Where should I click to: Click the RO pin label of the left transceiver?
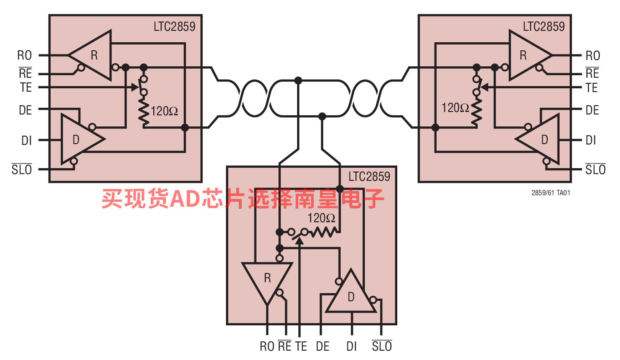point(25,55)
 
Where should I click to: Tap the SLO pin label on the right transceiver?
point(595,169)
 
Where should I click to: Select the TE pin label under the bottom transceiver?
point(301,346)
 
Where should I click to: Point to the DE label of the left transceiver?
point(25,110)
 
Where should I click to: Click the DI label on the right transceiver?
point(590,140)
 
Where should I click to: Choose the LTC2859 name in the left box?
point(175,27)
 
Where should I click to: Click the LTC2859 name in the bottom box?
point(369,177)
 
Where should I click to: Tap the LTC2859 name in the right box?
point(544,27)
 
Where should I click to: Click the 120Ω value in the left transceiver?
point(164,111)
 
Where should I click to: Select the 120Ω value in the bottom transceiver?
point(321,218)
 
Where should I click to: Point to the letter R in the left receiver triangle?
point(94,55)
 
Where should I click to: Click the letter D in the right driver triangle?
point(544,140)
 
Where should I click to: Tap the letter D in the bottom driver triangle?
point(351,297)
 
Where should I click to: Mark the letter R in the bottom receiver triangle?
point(268,278)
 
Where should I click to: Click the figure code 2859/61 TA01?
point(551,193)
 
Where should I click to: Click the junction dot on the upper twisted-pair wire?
point(298,81)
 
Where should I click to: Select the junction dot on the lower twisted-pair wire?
point(322,116)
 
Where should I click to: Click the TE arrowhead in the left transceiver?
point(135,87)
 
